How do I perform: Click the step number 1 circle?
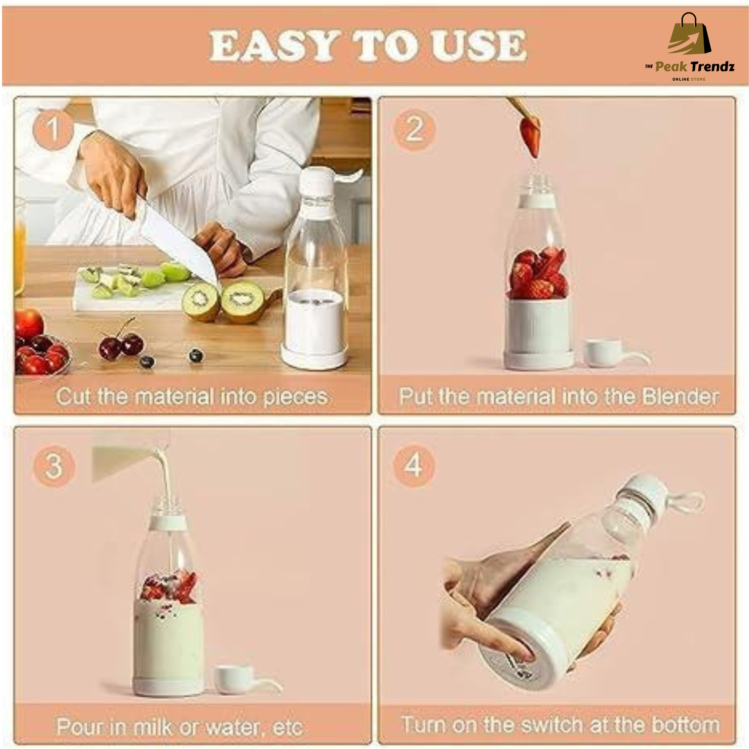coord(53,129)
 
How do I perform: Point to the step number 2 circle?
coord(414,129)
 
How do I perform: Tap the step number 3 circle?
coord(54,466)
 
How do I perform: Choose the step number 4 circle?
coord(414,465)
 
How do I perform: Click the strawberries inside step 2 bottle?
coord(538,273)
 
